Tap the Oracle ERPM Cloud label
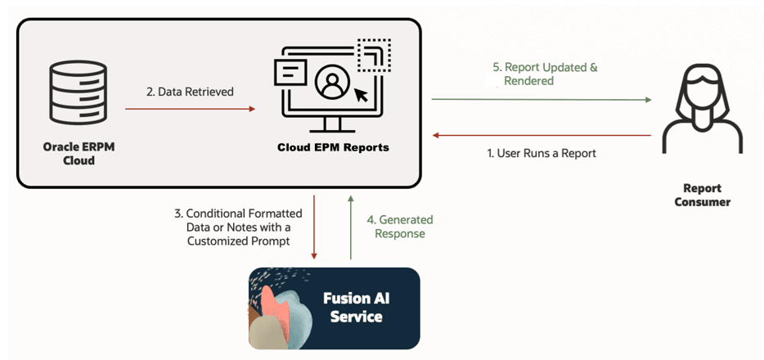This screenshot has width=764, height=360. pos(79,153)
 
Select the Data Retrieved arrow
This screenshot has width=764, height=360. pos(190,109)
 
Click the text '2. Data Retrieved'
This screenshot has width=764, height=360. pos(190,92)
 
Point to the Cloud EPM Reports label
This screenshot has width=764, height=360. pos(333,147)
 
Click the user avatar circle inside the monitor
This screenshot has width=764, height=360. pos(334,83)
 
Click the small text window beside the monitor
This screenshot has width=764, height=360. pos(290,73)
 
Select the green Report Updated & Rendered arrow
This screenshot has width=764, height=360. pos(542,99)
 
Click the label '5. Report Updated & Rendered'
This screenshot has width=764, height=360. pos(545,74)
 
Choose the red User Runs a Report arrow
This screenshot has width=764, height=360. pos(542,136)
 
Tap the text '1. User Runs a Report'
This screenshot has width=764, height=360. pos(542,154)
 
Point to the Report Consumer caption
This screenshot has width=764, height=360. pos(702,195)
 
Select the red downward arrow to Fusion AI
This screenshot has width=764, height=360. pos(314,227)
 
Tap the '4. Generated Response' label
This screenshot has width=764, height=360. pos(399,227)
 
